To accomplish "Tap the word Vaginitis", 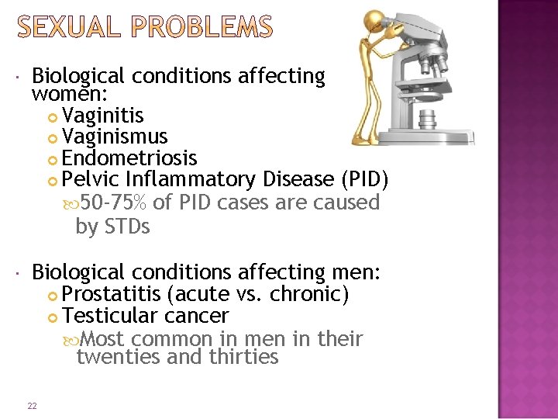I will [x=103, y=116].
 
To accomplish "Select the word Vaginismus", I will [x=115, y=137].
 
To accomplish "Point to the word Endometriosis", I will [x=129, y=158].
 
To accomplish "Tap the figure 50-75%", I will [x=114, y=203].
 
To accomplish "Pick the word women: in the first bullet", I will [x=61, y=95].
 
